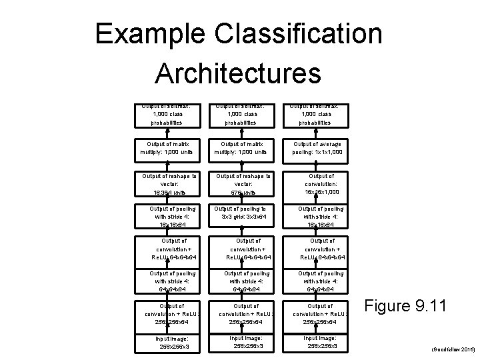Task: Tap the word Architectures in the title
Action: coord(238,73)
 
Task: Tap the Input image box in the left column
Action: coord(169,341)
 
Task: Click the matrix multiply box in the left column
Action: coord(169,147)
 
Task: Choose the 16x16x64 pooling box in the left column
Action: coord(169,216)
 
